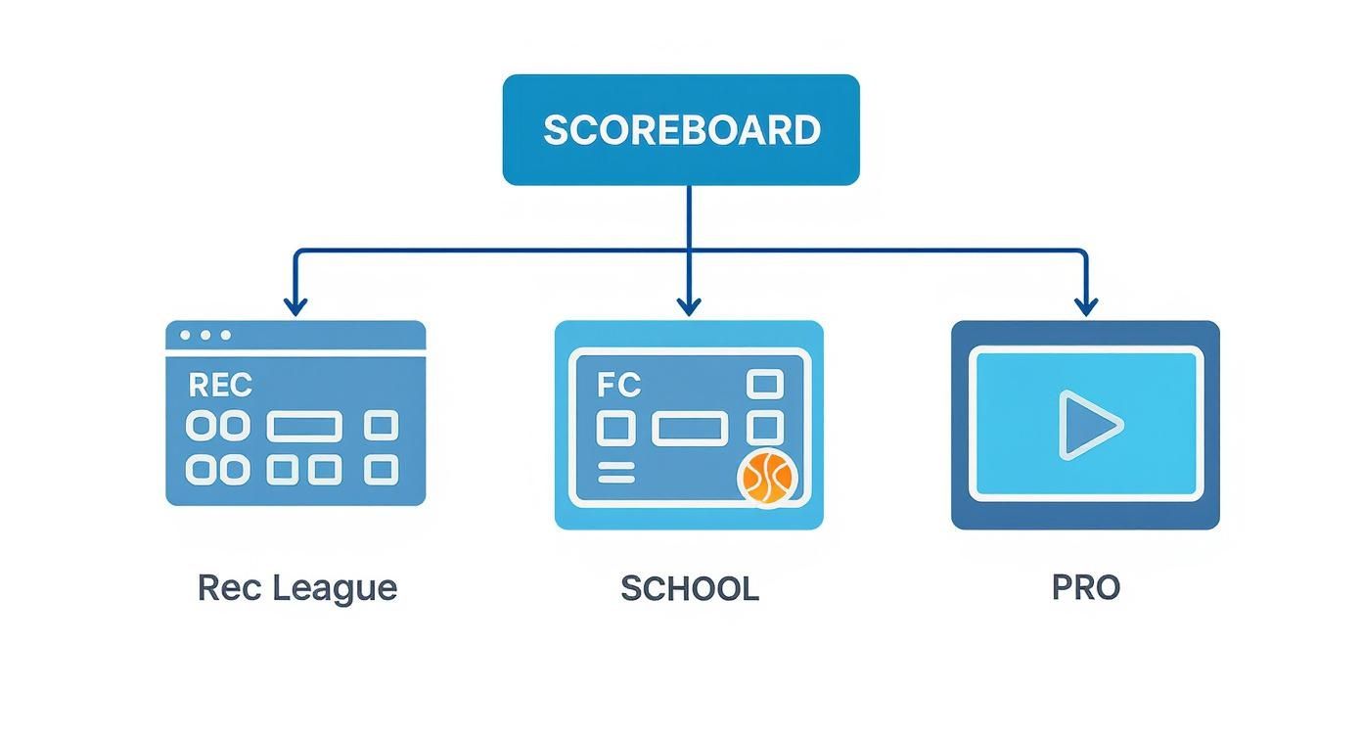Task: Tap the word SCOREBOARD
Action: tap(681, 130)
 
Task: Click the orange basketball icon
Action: tap(767, 478)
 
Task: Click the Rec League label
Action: tap(297, 588)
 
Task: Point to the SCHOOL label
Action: tap(689, 588)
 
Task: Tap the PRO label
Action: tap(1085, 588)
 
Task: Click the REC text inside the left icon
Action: tap(220, 386)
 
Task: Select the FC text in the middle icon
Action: tap(618, 386)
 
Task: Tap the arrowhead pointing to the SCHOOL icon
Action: tap(689, 305)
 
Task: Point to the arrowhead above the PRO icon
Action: tap(1085, 305)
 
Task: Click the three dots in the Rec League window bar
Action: tap(205, 335)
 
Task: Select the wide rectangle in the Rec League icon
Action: tap(304, 427)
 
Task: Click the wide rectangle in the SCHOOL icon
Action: tap(689, 429)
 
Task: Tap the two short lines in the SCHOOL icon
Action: tap(615, 473)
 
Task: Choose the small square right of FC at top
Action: tap(764, 384)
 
